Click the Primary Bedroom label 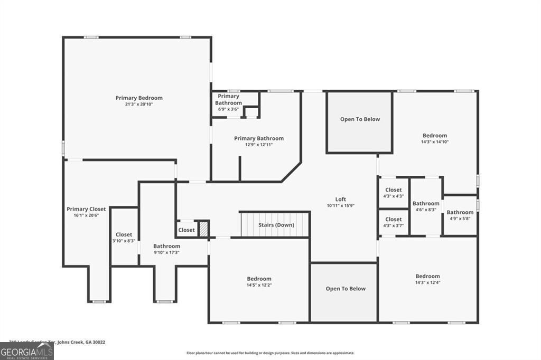[139, 98]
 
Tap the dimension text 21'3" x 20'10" [139, 105]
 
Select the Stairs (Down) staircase [275, 224]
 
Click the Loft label [340, 199]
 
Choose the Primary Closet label [86, 209]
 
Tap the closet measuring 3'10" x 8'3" [124, 237]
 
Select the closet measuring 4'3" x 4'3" [394, 193]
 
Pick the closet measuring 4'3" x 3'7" [394, 222]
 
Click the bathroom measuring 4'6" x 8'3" [426, 206]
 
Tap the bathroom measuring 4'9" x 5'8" [460, 215]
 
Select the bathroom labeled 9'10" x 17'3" [167, 249]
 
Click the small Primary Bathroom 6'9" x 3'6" [229, 102]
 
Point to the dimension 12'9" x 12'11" [259, 145]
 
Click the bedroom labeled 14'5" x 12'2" [259, 281]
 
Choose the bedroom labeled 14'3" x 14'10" [434, 138]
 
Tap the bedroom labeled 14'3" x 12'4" [427, 279]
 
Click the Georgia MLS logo [27, 351]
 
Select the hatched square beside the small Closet [203, 230]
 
